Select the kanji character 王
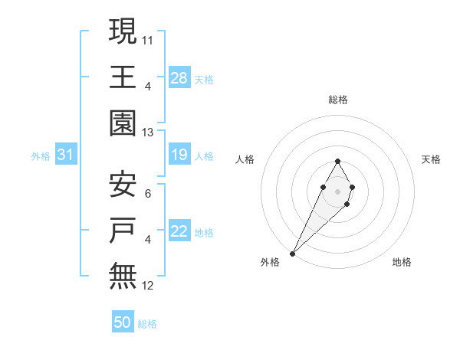[123, 77]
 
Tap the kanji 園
[123, 123]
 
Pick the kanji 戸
[123, 231]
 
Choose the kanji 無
[123, 277]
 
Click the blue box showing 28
[179, 77]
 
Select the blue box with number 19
[179, 155]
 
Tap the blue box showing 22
[179, 231]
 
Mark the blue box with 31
[66, 155]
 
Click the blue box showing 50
[123, 322]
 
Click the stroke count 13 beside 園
[148, 133]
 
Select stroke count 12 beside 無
[148, 286]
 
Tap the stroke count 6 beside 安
[147, 193]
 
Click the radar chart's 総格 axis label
[337, 100]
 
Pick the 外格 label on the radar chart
[270, 262]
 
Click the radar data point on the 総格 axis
[337, 161]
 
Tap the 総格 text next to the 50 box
[147, 324]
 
